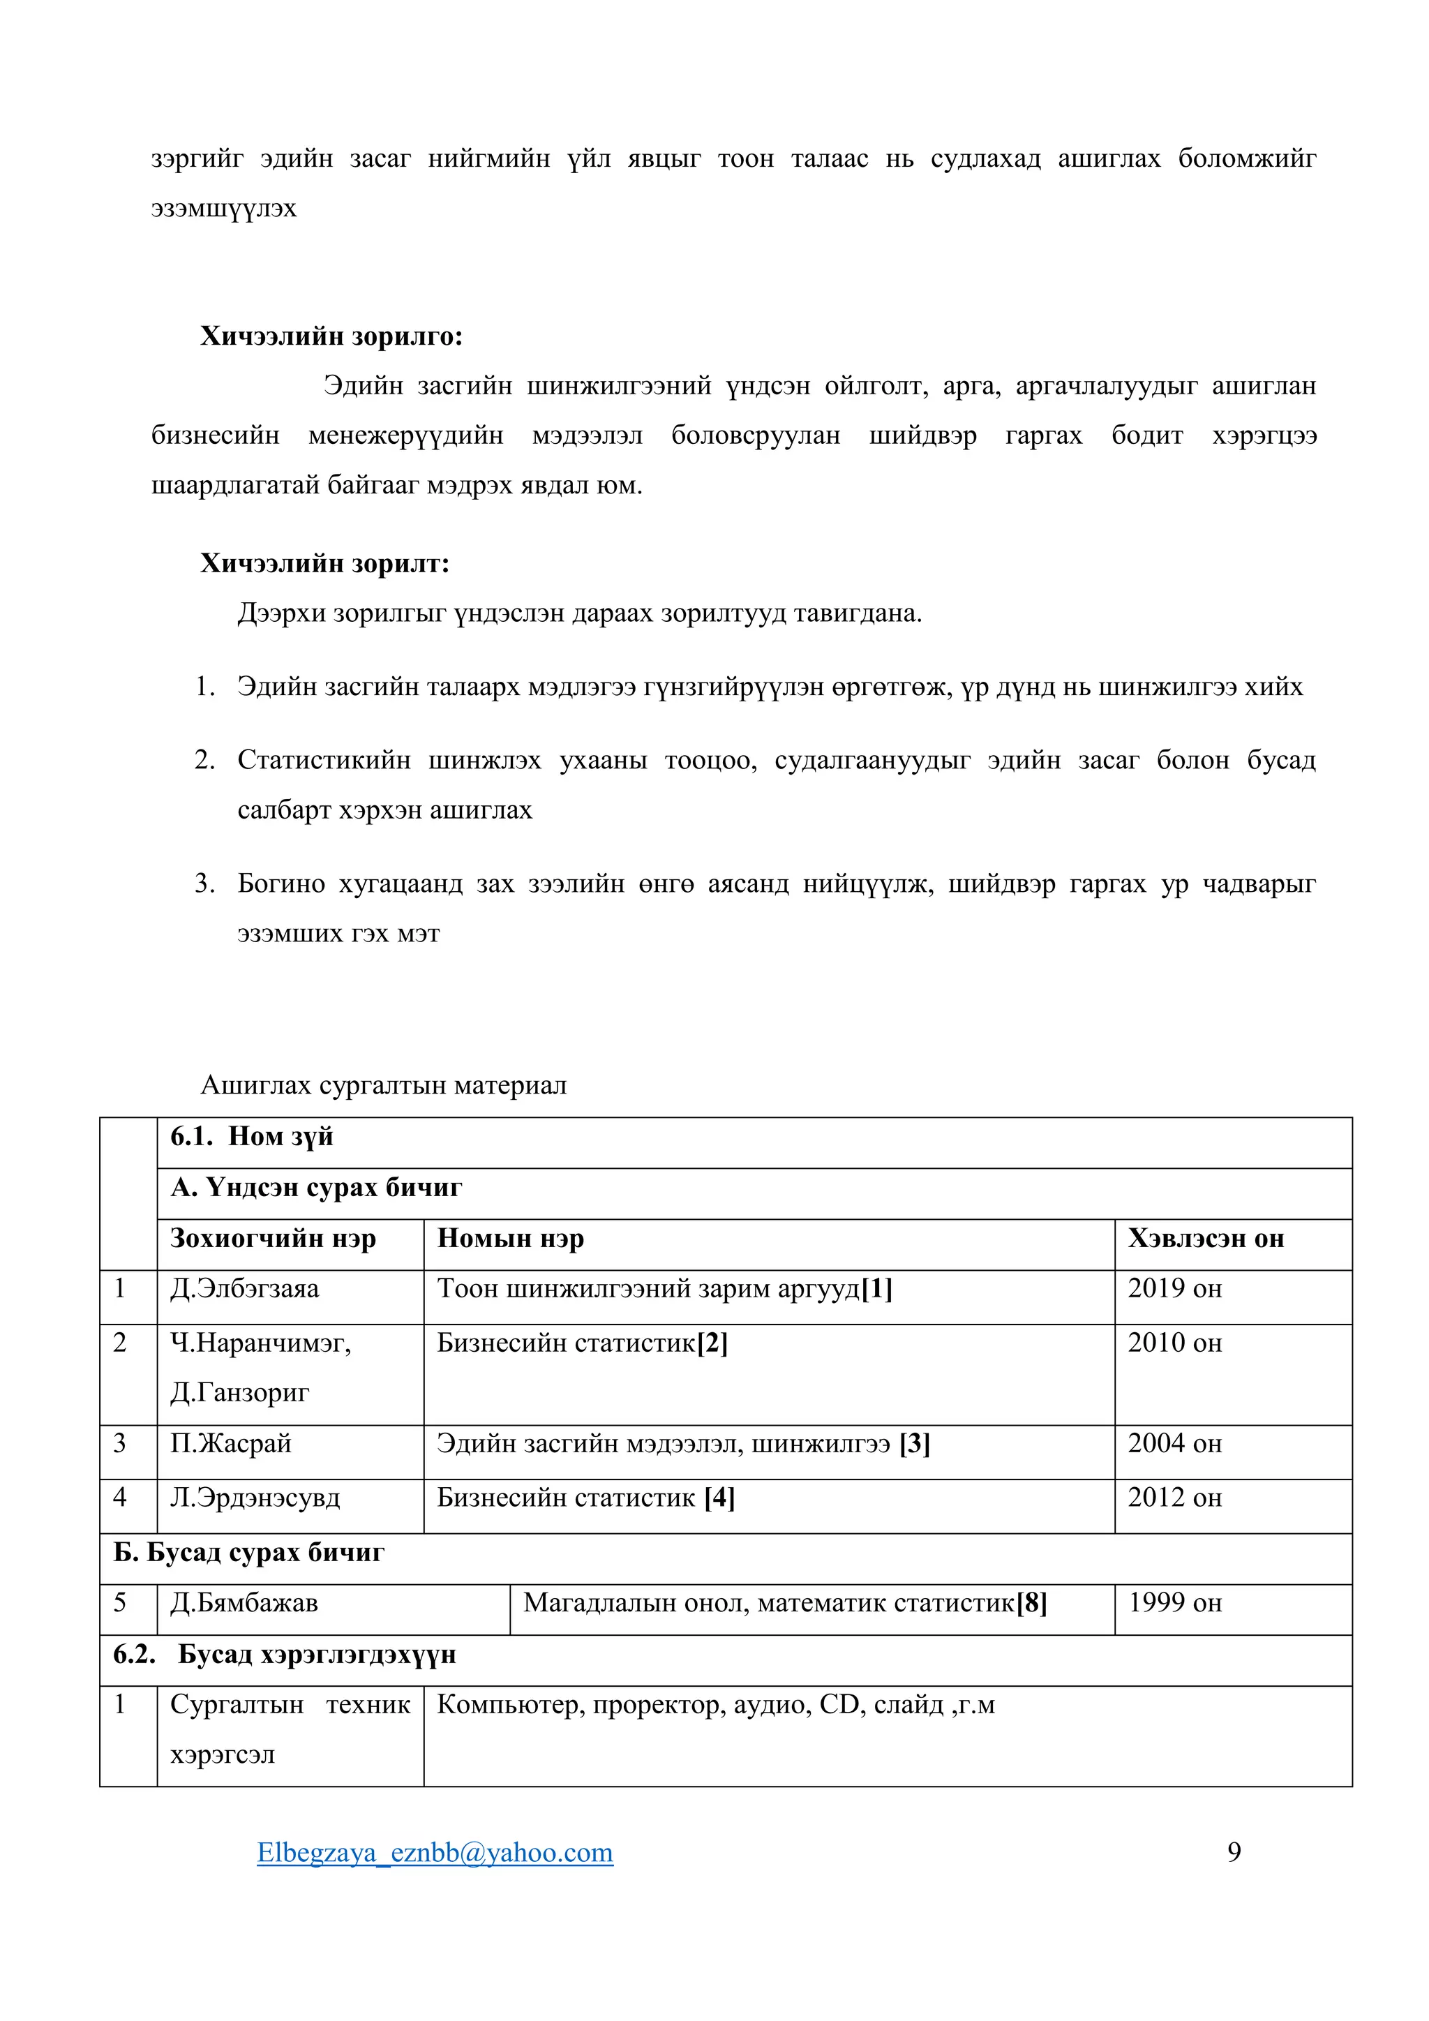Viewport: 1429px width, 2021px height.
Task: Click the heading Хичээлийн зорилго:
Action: coord(331,336)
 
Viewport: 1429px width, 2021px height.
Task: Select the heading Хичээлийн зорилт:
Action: coord(324,563)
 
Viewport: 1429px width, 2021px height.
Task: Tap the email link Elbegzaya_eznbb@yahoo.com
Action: coord(435,1852)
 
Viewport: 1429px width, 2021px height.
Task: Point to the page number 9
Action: coord(1234,1852)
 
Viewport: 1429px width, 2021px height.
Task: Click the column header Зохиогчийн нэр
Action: coord(273,1239)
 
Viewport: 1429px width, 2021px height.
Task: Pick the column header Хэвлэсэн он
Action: coord(1206,1239)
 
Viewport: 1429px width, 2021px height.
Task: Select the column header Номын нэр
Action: coord(510,1239)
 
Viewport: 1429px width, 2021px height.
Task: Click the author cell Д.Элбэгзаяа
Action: coord(245,1289)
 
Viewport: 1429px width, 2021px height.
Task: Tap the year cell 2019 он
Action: coord(1175,1289)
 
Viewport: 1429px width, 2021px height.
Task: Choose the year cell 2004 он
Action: coord(1175,1444)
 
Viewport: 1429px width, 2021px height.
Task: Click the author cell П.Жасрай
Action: coord(230,1444)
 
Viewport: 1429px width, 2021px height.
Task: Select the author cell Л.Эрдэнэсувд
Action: coord(255,1498)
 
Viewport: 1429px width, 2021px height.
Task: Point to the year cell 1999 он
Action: coord(1175,1603)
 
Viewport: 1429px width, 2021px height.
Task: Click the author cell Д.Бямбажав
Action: coord(244,1603)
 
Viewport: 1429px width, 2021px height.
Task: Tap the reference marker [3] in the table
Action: coord(914,1444)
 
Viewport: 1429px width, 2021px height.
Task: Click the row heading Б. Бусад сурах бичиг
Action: coord(249,1552)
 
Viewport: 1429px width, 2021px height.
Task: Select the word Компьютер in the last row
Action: coord(510,1705)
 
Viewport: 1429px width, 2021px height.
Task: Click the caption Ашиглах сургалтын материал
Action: coord(384,1085)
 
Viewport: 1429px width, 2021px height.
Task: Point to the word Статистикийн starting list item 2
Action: coord(324,761)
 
